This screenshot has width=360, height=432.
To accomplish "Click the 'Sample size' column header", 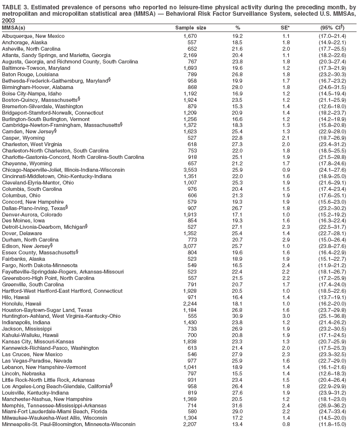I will point(191,29).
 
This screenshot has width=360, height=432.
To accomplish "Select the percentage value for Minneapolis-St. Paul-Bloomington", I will point(238,425).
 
